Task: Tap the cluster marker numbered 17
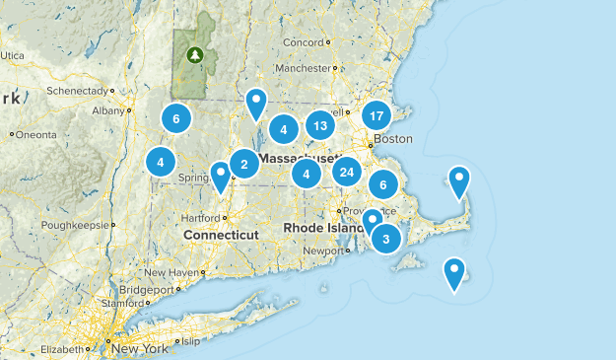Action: click(376, 115)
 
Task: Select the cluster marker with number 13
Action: click(318, 125)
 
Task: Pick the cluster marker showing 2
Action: click(244, 163)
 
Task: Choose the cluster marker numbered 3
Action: click(386, 238)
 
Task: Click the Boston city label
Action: click(393, 139)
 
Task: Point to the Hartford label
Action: click(199, 217)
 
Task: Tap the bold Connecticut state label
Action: click(221, 235)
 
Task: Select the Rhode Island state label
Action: click(324, 228)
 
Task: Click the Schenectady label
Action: click(83, 91)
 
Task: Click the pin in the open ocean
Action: click(454, 271)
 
